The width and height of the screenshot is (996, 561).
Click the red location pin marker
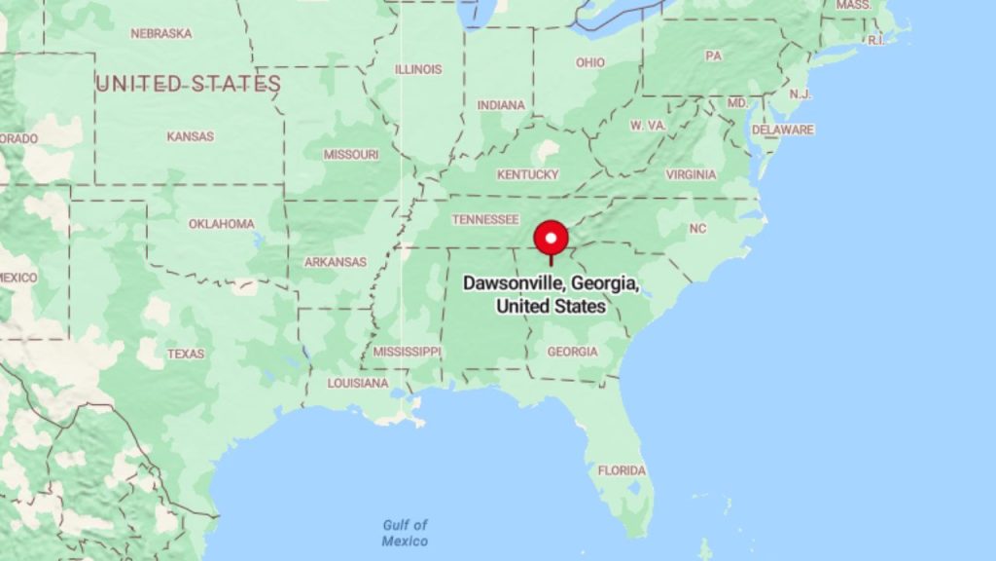551,239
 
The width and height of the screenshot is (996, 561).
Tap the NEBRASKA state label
160,33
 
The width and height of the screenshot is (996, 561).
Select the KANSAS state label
190,136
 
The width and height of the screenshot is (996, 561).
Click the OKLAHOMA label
221,224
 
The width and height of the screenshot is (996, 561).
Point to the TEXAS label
185,354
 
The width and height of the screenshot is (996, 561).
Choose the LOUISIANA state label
357,383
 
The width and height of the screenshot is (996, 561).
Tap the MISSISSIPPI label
407,351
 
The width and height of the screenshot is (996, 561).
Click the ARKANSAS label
335,262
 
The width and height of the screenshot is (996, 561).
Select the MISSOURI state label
351,155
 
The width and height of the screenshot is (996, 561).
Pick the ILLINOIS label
418,69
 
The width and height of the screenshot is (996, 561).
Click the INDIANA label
501,105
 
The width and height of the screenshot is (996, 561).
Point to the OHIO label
589,62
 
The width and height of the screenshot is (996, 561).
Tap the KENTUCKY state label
528,174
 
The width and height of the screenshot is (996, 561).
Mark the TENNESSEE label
485,219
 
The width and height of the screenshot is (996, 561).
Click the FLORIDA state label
622,470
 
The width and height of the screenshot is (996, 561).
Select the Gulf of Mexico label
405,534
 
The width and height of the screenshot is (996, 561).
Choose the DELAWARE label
782,130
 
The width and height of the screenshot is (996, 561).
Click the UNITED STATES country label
189,84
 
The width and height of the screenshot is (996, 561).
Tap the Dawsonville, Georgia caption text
551,294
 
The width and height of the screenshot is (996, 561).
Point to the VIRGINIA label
691,174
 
